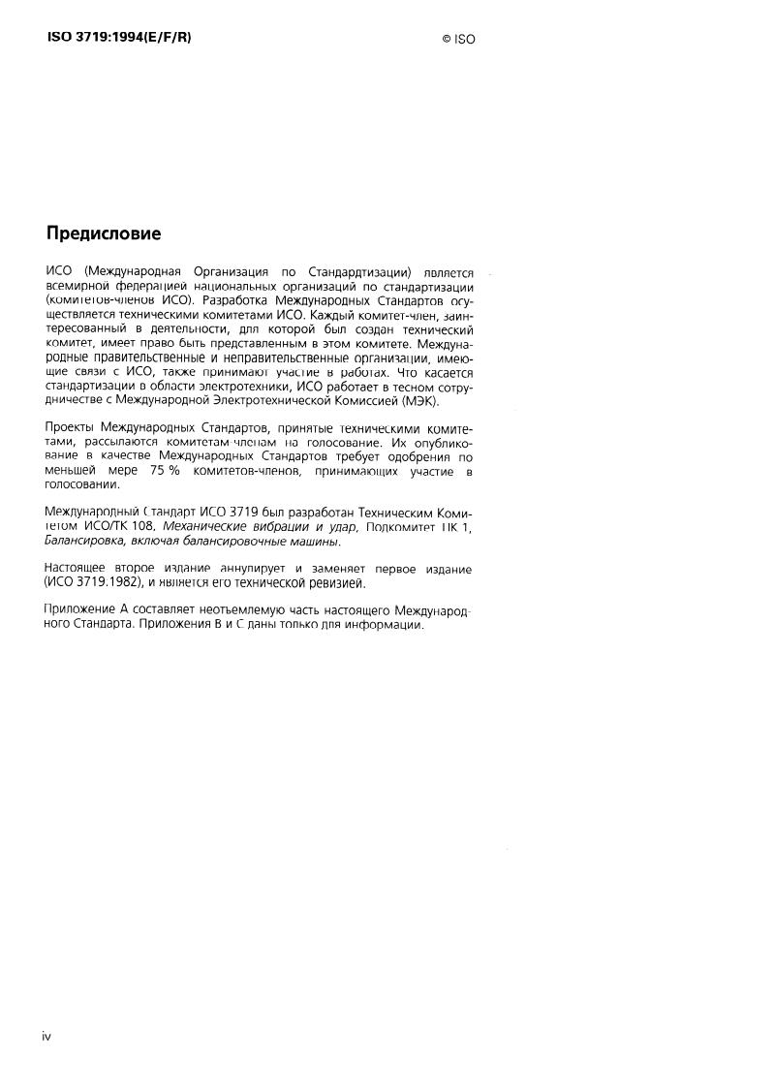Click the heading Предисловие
104,234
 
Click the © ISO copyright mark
458,39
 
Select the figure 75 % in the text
165,471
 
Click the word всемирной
80,287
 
